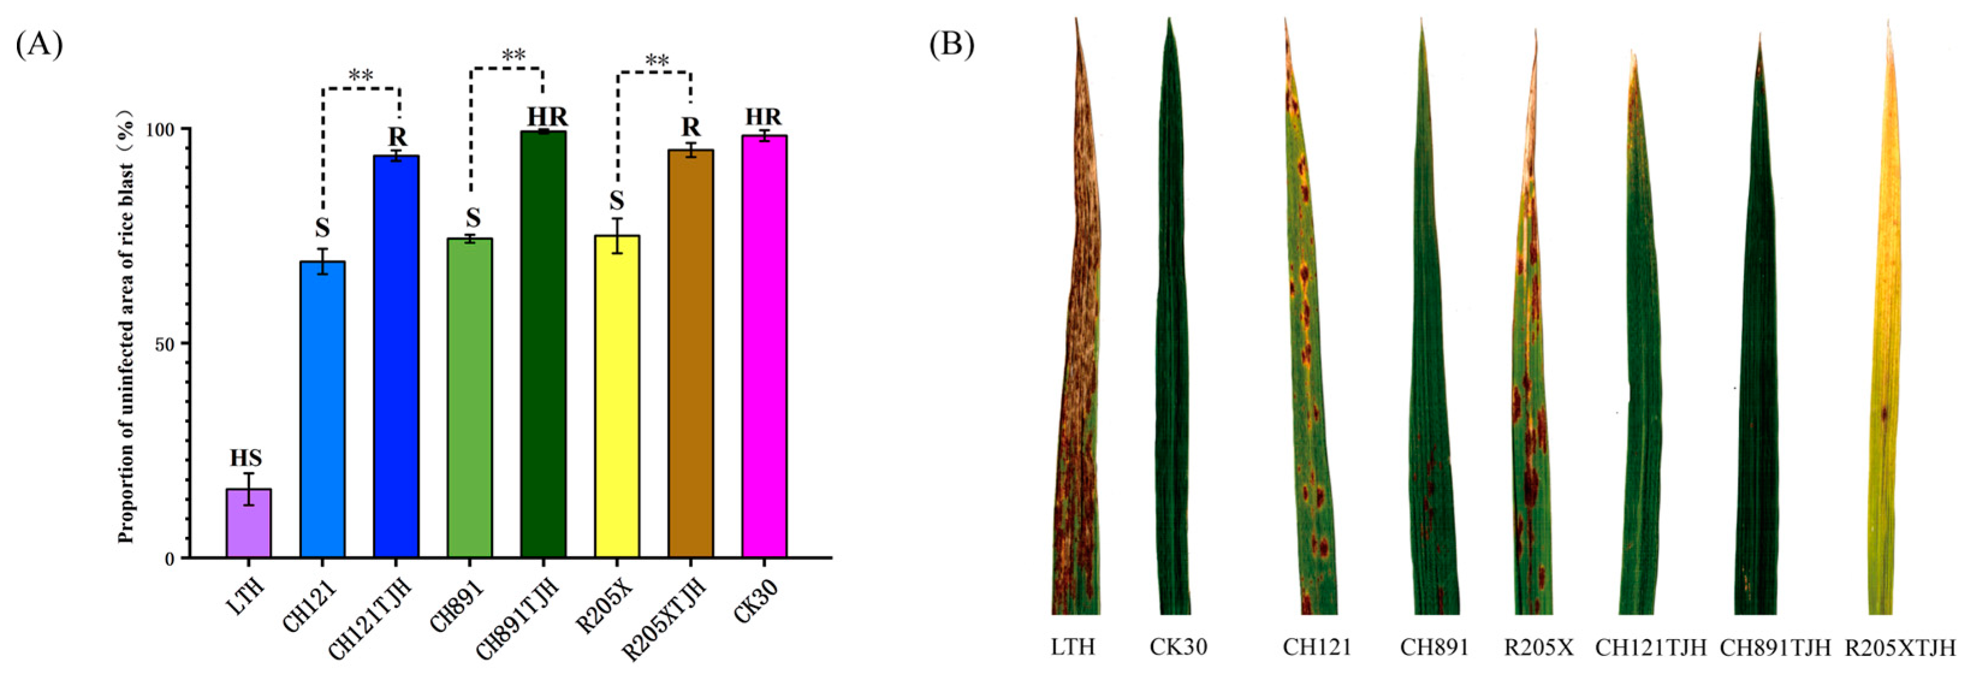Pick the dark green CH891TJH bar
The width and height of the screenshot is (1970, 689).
pyautogui.click(x=543, y=344)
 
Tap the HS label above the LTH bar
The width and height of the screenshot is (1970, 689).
pyautogui.click(x=246, y=458)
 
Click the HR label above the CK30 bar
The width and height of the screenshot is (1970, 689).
pyautogui.click(x=764, y=117)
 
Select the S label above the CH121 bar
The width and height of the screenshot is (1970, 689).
pyautogui.click(x=323, y=228)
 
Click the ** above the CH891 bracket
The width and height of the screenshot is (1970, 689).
pyautogui.click(x=514, y=56)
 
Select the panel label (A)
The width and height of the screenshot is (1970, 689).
pyautogui.click(x=39, y=45)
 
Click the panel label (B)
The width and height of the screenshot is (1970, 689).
pyautogui.click(x=952, y=45)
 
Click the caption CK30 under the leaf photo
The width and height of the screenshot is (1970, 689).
pyautogui.click(x=1178, y=647)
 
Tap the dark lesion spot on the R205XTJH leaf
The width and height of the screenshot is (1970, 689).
pyautogui.click(x=1885, y=414)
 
